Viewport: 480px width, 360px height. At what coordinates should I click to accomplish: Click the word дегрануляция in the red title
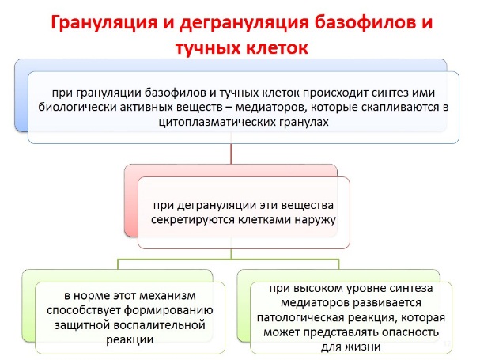click(x=244, y=23)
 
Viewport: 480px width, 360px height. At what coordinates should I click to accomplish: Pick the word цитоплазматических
click(x=217, y=123)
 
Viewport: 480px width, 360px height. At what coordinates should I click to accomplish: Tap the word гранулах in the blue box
click(x=304, y=123)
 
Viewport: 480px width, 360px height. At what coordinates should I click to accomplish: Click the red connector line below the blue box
click(x=231, y=153)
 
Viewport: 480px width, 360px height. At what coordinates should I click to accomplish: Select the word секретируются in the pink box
click(x=193, y=220)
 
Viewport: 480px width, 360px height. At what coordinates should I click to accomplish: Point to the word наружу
click(x=316, y=220)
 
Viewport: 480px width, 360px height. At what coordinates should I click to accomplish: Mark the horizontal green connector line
click(x=229, y=260)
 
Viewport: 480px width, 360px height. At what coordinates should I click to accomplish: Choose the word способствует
click(x=84, y=310)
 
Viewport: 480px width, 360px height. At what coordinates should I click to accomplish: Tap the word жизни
click(x=363, y=347)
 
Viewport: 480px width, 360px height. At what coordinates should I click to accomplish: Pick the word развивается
click(x=387, y=303)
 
